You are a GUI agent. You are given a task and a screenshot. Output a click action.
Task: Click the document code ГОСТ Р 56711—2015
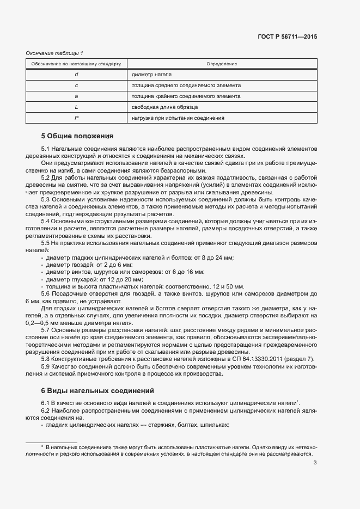coord(287,37)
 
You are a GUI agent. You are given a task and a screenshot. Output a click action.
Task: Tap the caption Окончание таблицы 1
coord(54,53)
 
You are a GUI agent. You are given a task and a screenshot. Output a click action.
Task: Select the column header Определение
coord(222,64)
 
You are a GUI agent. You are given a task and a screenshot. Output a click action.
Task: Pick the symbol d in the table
coord(76,75)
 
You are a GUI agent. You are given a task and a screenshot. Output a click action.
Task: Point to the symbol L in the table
coord(76,107)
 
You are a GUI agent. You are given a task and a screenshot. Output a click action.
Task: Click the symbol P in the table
coord(76,118)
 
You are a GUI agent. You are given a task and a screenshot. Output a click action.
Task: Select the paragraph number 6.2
coord(46,410)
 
